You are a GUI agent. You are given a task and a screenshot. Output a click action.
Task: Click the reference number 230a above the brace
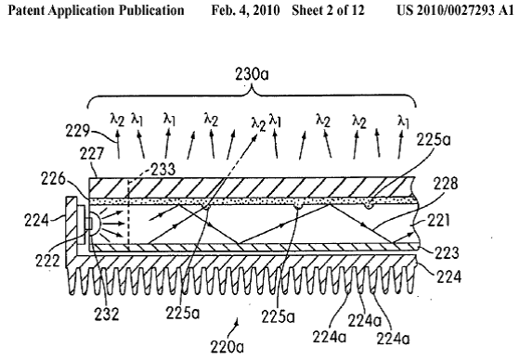point(252,74)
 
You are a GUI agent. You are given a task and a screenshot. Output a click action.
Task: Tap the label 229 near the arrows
point(77,131)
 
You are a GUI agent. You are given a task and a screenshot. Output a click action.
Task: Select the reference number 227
point(92,154)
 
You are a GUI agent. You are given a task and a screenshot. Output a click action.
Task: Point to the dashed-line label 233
point(162,169)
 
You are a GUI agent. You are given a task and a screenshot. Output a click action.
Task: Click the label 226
point(53,179)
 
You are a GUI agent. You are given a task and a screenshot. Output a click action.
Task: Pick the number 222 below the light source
point(47,261)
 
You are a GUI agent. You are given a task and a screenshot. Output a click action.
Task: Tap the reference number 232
point(107,314)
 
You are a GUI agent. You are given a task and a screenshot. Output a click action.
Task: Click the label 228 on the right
point(445,184)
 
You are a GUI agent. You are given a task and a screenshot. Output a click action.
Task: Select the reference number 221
point(437,220)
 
